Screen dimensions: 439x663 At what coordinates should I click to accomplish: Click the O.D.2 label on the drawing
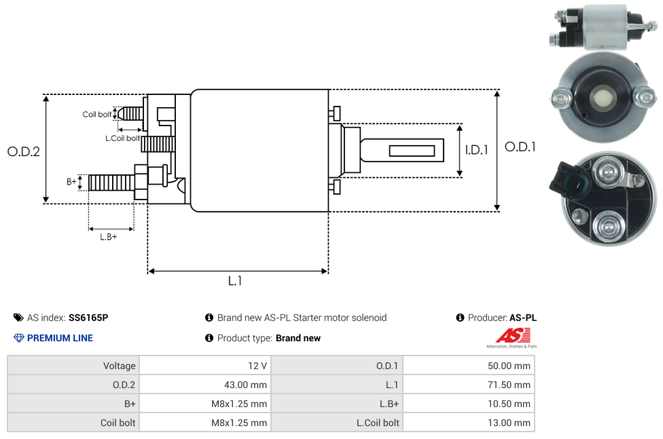pyautogui.click(x=24, y=151)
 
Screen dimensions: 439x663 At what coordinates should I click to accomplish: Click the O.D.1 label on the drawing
pyautogui.click(x=520, y=146)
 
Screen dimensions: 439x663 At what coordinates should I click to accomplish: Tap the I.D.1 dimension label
pyautogui.click(x=476, y=150)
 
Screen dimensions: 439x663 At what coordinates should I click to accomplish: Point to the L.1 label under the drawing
pyautogui.click(x=235, y=281)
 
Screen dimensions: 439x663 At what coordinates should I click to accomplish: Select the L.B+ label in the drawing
pyautogui.click(x=109, y=237)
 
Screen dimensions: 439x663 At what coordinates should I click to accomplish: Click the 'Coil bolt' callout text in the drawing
pyautogui.click(x=97, y=114)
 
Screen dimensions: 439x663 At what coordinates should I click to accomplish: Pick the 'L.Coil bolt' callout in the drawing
pyautogui.click(x=122, y=138)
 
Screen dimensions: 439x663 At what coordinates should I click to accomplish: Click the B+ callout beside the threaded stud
pyautogui.click(x=71, y=181)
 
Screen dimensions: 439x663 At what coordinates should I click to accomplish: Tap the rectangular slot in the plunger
pyautogui.click(x=412, y=150)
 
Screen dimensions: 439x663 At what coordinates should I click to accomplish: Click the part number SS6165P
pyautogui.click(x=88, y=318)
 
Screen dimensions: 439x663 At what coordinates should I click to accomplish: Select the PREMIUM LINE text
pyautogui.click(x=60, y=338)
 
